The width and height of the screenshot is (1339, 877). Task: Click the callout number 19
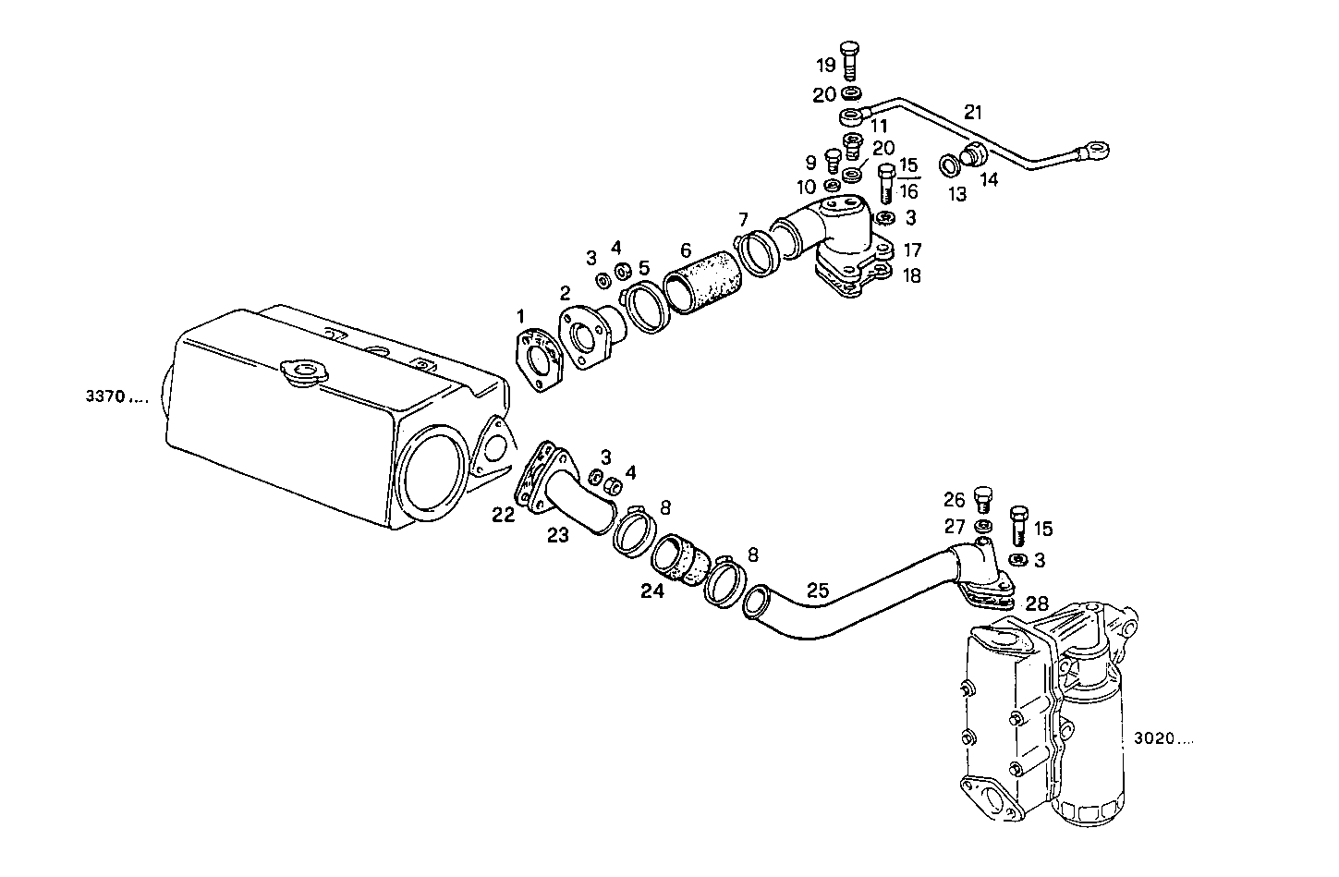[825, 65]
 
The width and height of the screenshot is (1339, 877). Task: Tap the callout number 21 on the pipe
[973, 113]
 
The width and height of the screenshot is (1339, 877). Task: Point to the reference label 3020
[1157, 739]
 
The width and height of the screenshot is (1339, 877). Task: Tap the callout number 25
[818, 590]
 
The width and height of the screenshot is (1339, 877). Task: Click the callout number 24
[652, 591]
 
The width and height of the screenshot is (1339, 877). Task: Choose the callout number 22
[503, 515]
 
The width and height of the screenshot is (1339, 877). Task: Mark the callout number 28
[1037, 603]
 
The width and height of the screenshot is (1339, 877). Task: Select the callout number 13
[956, 194]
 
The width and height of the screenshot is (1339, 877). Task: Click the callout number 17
[912, 250]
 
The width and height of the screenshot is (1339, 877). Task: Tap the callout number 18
[912, 275]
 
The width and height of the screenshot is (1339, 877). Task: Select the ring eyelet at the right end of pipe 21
[1098, 149]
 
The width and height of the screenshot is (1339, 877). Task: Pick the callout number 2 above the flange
[565, 294]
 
